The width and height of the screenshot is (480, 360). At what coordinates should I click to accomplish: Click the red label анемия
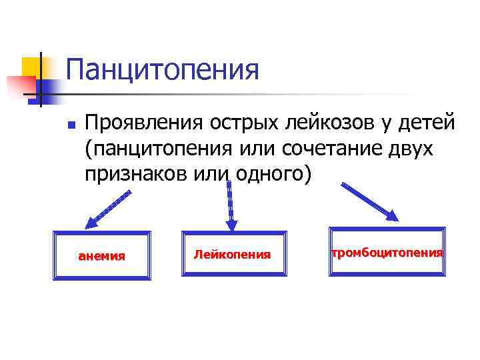[x=102, y=255]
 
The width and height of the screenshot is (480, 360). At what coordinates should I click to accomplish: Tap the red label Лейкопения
[x=233, y=254]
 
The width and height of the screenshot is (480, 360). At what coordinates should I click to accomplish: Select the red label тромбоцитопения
[x=387, y=253]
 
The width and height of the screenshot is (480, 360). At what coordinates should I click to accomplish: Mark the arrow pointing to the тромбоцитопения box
[x=371, y=201]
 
